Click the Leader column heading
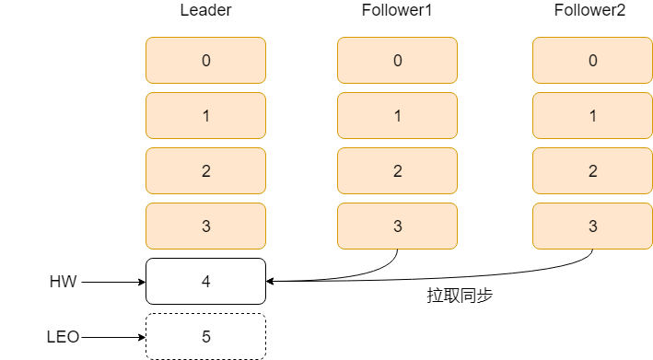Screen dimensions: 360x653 coord(205,11)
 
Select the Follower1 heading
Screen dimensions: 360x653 coord(397,11)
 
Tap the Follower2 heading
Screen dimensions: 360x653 coord(592,11)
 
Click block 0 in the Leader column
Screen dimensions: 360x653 coord(205,61)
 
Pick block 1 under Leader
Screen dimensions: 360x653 coord(205,116)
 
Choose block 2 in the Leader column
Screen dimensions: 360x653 coord(205,171)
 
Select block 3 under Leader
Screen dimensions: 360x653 coord(205,226)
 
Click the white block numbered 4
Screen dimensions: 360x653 coord(205,282)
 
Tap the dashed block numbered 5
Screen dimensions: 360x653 coord(205,337)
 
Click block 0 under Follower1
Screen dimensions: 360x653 coord(397,61)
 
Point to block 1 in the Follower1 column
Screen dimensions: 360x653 coord(397,116)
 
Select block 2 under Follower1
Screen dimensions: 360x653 coord(397,171)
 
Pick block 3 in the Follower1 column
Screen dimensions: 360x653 coord(397,226)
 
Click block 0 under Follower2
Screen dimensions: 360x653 coord(592,61)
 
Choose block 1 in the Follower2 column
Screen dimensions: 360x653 coord(592,116)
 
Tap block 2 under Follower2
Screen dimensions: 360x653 coord(592,171)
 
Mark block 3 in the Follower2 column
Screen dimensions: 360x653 coord(592,226)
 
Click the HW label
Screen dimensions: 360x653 coord(63,282)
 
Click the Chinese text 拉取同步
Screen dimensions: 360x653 coord(461,296)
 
